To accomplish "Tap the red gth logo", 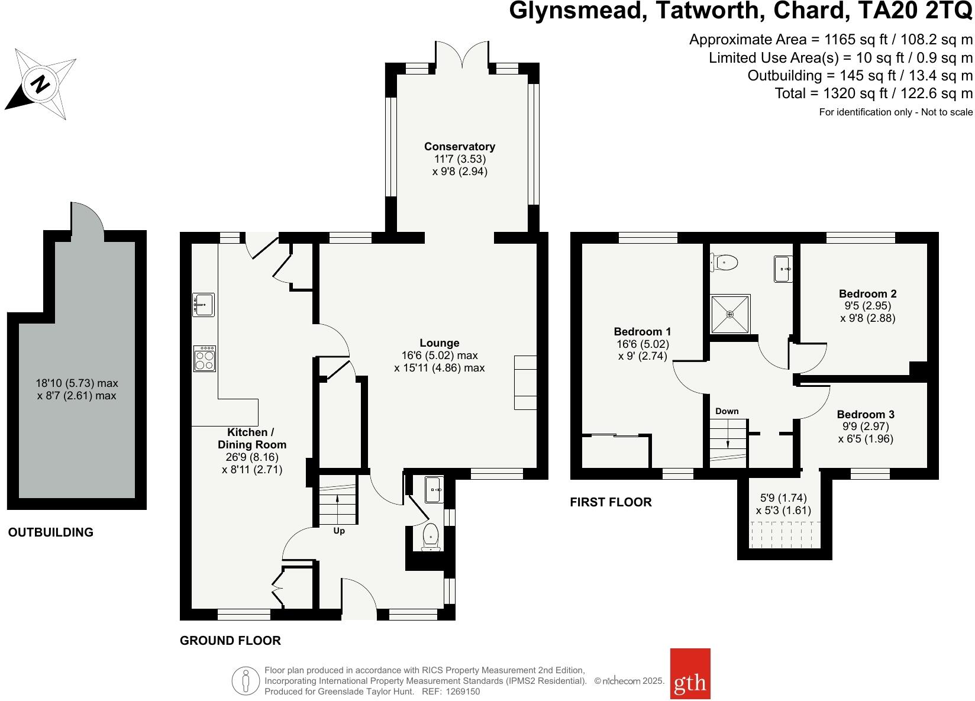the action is [690, 681].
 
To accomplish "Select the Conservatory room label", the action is [459, 147].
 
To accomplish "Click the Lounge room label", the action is [439, 343].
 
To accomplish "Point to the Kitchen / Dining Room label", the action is [252, 438].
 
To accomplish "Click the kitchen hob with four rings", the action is [204, 358].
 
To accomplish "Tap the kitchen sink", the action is [203, 305].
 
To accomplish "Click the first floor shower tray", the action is [729, 314].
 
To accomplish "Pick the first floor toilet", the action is [725, 261].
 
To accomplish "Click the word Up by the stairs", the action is [339, 531].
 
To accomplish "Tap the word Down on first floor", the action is [727, 411].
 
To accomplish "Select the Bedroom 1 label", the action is [642, 332].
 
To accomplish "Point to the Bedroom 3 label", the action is [866, 414].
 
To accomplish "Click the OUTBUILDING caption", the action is [51, 532].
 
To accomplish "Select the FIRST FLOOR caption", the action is [611, 502].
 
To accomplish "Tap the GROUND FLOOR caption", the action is [230, 640].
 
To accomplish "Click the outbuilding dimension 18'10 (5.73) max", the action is [77, 383].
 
